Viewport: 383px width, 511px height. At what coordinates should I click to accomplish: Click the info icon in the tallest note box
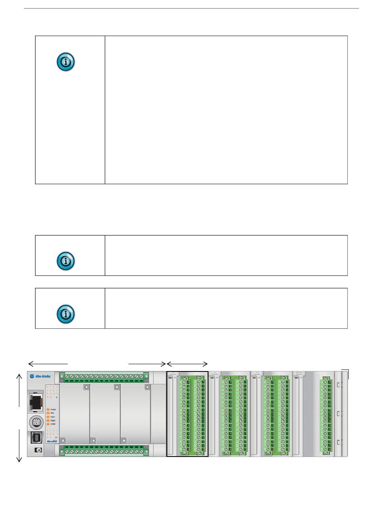(65, 63)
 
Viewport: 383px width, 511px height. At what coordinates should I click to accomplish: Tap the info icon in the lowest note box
(65, 313)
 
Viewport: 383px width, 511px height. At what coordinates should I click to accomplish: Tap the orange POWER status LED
(48, 409)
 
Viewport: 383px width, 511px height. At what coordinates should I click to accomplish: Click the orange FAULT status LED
(48, 417)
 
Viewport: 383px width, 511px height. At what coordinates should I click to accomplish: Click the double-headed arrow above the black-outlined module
(187, 363)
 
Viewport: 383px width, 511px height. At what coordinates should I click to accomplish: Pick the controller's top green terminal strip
(104, 376)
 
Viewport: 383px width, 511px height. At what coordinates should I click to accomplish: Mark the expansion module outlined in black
(187, 414)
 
